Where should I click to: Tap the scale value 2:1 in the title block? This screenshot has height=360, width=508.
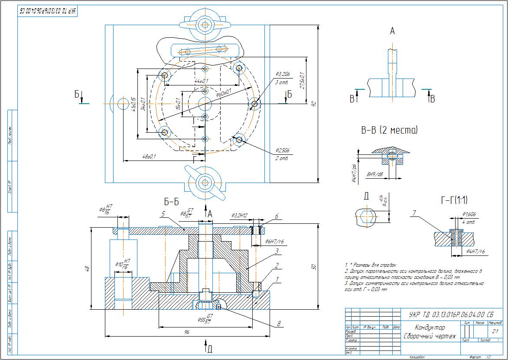click(495, 331)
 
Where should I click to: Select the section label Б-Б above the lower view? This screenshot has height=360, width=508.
click(171, 202)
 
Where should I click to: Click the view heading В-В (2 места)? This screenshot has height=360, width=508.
click(389, 130)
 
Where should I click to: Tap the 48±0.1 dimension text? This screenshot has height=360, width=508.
click(148, 156)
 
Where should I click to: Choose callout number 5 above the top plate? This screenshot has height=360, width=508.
click(163, 213)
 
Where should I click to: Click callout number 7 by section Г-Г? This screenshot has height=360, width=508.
click(414, 213)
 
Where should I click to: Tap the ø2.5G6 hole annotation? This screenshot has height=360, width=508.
click(282, 151)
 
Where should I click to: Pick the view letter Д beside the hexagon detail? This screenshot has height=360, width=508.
click(366, 196)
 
